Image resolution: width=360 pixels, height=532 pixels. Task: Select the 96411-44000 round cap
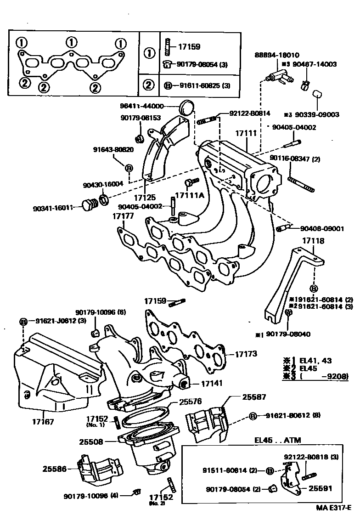click(186, 107)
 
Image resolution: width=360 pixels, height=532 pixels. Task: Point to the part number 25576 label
click(191, 402)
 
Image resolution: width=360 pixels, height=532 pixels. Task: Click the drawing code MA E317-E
click(333, 508)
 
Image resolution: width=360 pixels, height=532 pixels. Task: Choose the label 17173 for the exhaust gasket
click(247, 354)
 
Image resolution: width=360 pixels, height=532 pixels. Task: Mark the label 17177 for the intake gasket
click(124, 215)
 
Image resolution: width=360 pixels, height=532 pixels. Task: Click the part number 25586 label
click(55, 469)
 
